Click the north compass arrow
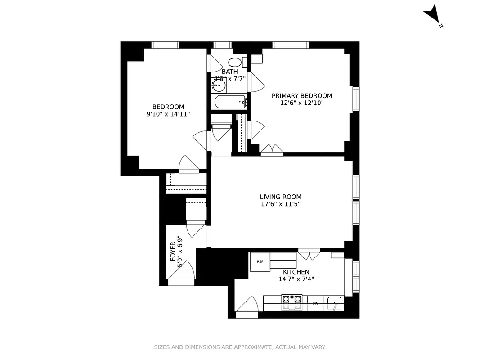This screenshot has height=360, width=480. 432,13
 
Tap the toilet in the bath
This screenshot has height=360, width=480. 236,62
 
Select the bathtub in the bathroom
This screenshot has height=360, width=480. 229,102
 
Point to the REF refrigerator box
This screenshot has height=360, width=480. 260,261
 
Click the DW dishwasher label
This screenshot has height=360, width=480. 315,303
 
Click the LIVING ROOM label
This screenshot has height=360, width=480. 281,197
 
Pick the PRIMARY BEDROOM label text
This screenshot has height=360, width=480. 302,96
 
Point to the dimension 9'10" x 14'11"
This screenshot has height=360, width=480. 168,114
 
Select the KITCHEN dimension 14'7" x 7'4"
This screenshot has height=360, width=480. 296,279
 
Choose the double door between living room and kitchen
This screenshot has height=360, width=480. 309,255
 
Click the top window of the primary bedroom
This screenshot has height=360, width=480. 291,45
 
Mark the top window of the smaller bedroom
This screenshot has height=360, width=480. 165,45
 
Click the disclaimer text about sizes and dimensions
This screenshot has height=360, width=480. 240,347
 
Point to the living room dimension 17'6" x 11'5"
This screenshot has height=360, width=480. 281,204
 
